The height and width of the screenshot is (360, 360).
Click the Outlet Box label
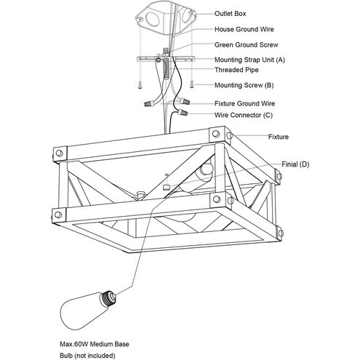(230, 14)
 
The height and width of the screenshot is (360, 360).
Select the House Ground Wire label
(244, 29)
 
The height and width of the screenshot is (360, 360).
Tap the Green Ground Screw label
(247, 45)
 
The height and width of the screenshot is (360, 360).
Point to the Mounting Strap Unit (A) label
(249, 60)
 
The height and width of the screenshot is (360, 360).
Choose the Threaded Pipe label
(236, 70)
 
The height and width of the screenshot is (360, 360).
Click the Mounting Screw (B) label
(244, 85)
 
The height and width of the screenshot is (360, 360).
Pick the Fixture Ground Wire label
(244, 103)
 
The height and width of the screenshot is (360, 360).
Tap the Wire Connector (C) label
(244, 115)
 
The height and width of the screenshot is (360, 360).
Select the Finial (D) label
(295, 164)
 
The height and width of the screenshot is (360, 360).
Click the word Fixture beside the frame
(279, 137)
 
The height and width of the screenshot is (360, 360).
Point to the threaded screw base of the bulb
(108, 297)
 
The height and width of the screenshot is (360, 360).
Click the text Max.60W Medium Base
(95, 344)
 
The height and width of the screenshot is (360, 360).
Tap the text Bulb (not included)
(87, 356)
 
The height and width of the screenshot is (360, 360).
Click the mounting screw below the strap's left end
(140, 84)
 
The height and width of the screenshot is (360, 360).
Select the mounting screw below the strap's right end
(192, 84)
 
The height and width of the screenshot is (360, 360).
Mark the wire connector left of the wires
(149, 104)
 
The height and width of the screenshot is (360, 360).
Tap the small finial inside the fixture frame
(167, 186)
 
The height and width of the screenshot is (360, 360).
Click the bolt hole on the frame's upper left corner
(59, 153)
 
